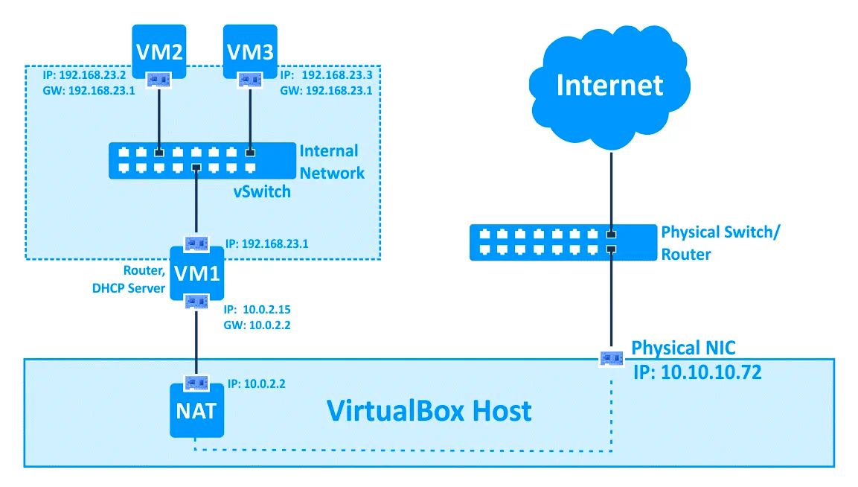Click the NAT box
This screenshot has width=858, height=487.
(196, 410)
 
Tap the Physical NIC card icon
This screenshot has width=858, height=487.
(611, 357)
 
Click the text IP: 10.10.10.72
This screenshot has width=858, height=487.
(697, 372)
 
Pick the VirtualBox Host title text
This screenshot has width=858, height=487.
(429, 410)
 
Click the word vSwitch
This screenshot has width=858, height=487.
(260, 191)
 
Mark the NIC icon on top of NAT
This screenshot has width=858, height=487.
(196, 383)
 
